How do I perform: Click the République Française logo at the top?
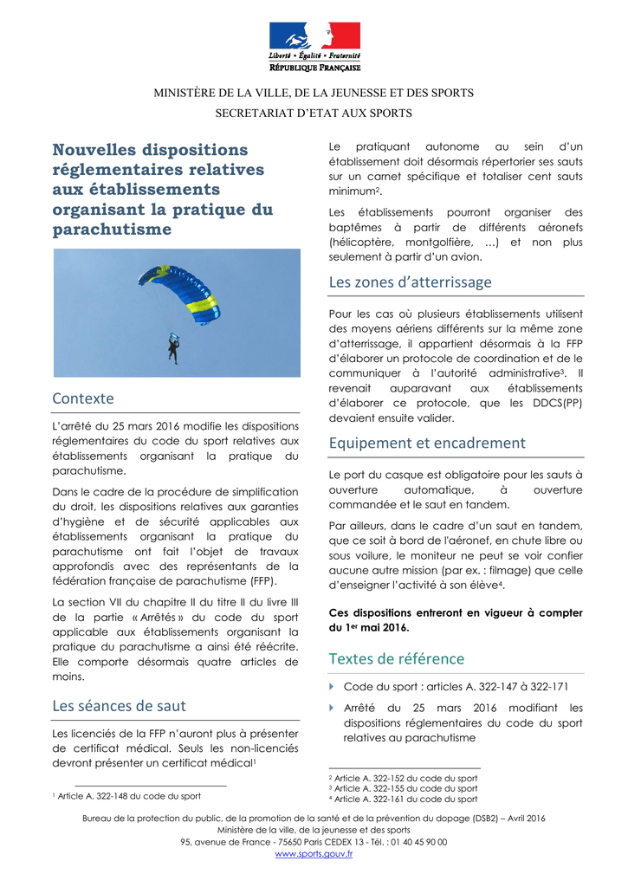coord(314,46)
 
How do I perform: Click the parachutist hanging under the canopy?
coord(173,347)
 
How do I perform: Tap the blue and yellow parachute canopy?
coord(181,294)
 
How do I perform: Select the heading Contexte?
coord(83,398)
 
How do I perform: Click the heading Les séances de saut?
coord(119,706)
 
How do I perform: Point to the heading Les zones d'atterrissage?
coord(410,282)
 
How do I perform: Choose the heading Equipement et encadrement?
coord(427,443)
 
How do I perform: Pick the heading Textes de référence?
coord(397,658)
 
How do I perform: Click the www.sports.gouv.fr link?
coord(314,854)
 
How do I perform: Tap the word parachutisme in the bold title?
coord(113,230)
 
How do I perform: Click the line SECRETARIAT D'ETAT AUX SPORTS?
coord(314,113)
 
